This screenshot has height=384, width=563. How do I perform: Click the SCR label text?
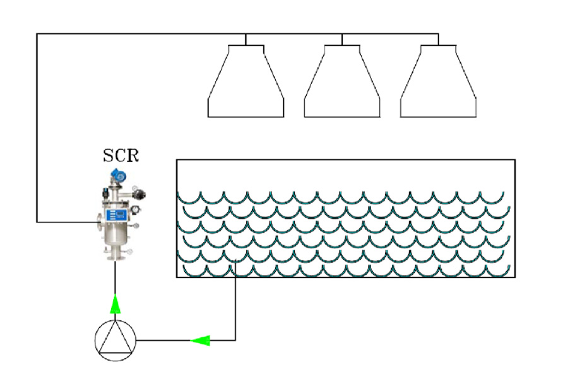(121, 155)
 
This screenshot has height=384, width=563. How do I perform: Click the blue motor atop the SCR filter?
(117, 175)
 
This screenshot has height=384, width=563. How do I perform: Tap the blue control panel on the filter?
(117, 215)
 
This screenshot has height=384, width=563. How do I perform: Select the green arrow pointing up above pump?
(115, 305)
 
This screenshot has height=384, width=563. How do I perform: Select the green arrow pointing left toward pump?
(200, 340)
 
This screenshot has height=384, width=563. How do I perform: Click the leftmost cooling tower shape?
(246, 82)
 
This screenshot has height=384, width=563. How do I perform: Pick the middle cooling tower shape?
(342, 82)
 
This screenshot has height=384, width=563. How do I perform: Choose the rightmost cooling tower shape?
(438, 82)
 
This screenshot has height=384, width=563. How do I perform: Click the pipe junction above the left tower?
(246, 34)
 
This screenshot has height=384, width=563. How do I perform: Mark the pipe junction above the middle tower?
(342, 34)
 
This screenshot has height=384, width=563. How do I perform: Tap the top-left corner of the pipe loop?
(37, 34)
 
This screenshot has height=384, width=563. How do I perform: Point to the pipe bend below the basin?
(235, 340)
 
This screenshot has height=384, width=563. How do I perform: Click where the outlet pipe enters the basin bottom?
(235, 277)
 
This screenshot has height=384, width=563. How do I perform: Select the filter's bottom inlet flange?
(115, 255)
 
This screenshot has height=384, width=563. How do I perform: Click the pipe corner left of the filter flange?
(37, 222)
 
